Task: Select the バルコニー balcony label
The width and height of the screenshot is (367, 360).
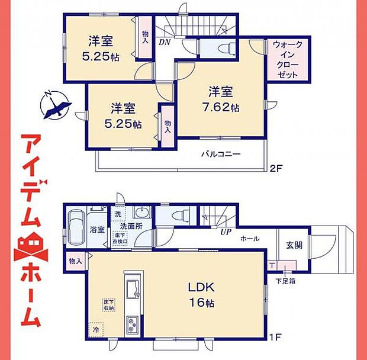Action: [220, 154]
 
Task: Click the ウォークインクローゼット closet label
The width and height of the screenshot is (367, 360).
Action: [288, 60]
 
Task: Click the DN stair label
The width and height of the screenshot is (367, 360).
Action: [164, 42]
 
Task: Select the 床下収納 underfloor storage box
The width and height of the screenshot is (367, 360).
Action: [108, 305]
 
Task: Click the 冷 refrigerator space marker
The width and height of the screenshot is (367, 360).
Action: [96, 328]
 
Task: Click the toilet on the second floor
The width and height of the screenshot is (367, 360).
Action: [224, 47]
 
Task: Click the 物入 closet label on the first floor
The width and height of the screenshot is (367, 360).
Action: [75, 261]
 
